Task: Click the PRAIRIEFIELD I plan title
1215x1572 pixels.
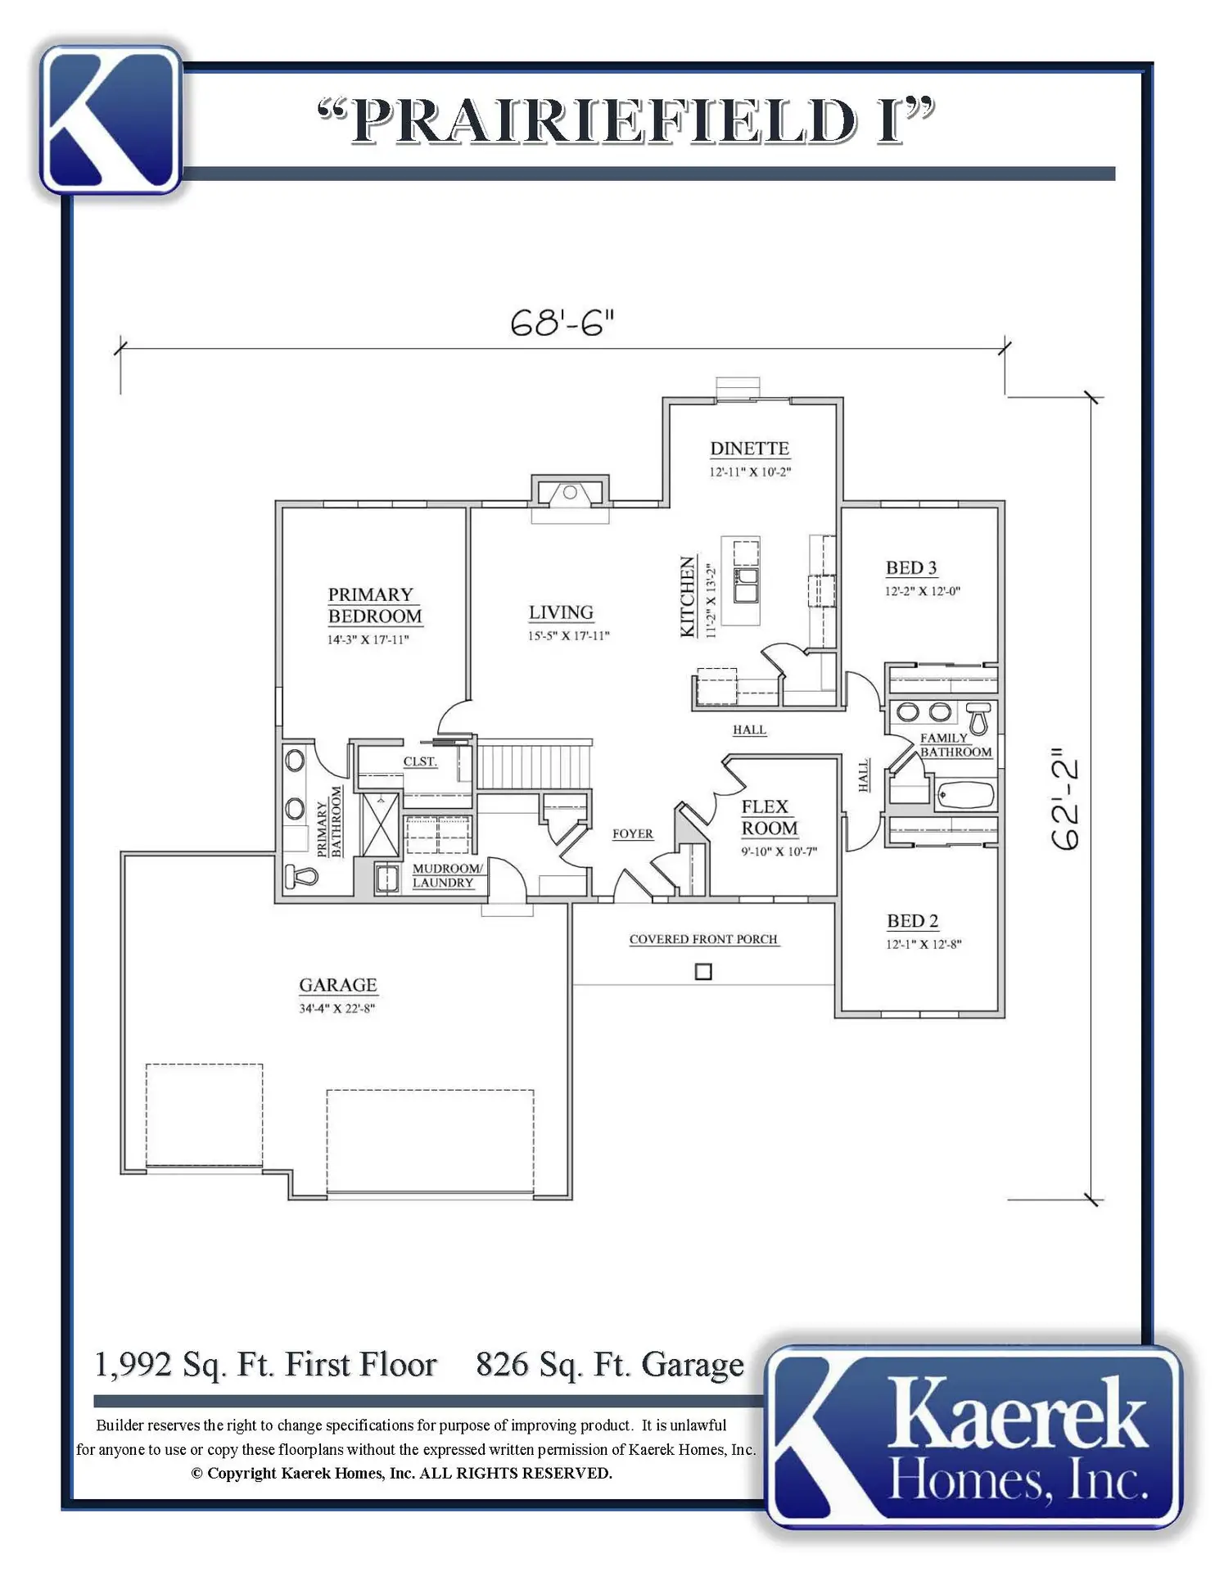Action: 626,120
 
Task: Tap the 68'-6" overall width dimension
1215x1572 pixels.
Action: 562,323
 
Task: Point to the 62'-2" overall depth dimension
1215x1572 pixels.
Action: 1065,798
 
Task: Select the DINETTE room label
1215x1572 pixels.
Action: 750,448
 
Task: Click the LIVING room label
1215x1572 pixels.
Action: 561,612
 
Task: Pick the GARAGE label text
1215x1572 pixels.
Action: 337,985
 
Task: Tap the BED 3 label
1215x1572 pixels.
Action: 911,567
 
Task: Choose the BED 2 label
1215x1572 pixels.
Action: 913,921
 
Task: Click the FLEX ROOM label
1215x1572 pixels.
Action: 769,817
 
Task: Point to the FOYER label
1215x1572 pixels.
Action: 633,833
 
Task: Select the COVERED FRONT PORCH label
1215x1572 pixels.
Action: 703,939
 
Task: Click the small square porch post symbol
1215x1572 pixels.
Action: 703,972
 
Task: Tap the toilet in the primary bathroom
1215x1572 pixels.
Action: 300,876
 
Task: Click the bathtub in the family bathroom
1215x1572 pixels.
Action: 965,794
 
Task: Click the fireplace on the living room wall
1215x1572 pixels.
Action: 570,493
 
